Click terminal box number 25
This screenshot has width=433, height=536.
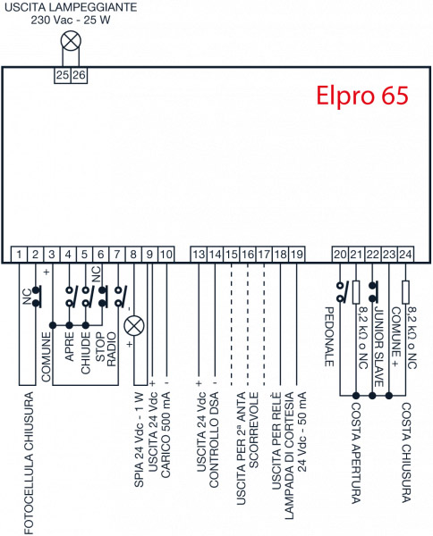(x=63, y=75)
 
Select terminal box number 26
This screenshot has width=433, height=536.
(x=79, y=75)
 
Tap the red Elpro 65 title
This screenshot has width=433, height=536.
(x=362, y=95)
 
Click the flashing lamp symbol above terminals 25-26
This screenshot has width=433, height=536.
(x=71, y=41)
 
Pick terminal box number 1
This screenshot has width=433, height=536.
(x=19, y=255)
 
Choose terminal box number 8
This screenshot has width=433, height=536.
(x=133, y=255)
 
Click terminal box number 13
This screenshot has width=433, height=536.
(x=199, y=255)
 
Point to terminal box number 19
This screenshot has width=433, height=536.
(x=297, y=255)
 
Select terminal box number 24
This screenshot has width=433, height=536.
(x=405, y=255)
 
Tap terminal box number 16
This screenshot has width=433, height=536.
(x=248, y=255)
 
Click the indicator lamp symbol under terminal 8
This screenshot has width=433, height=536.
(x=134, y=326)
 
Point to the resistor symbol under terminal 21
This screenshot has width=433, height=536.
(x=356, y=292)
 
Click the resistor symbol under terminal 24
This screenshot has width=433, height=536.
(x=405, y=292)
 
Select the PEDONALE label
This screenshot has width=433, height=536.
(x=329, y=337)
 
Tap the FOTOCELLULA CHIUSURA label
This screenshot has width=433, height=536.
(x=30, y=463)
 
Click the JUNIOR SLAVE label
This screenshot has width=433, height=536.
(x=378, y=347)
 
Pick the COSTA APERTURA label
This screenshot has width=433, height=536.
(x=356, y=453)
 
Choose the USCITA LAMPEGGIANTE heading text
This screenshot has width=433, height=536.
(x=71, y=7)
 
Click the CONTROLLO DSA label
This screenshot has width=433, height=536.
(x=214, y=440)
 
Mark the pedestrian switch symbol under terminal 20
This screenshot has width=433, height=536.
(x=341, y=291)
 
